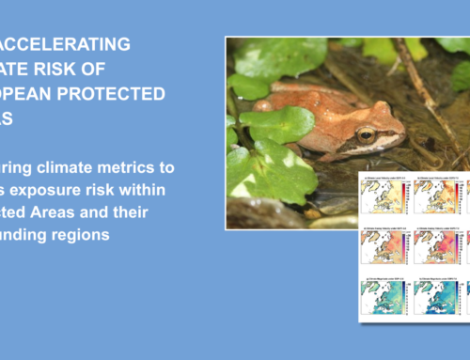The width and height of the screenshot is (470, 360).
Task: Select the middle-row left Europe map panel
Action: (381, 248)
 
